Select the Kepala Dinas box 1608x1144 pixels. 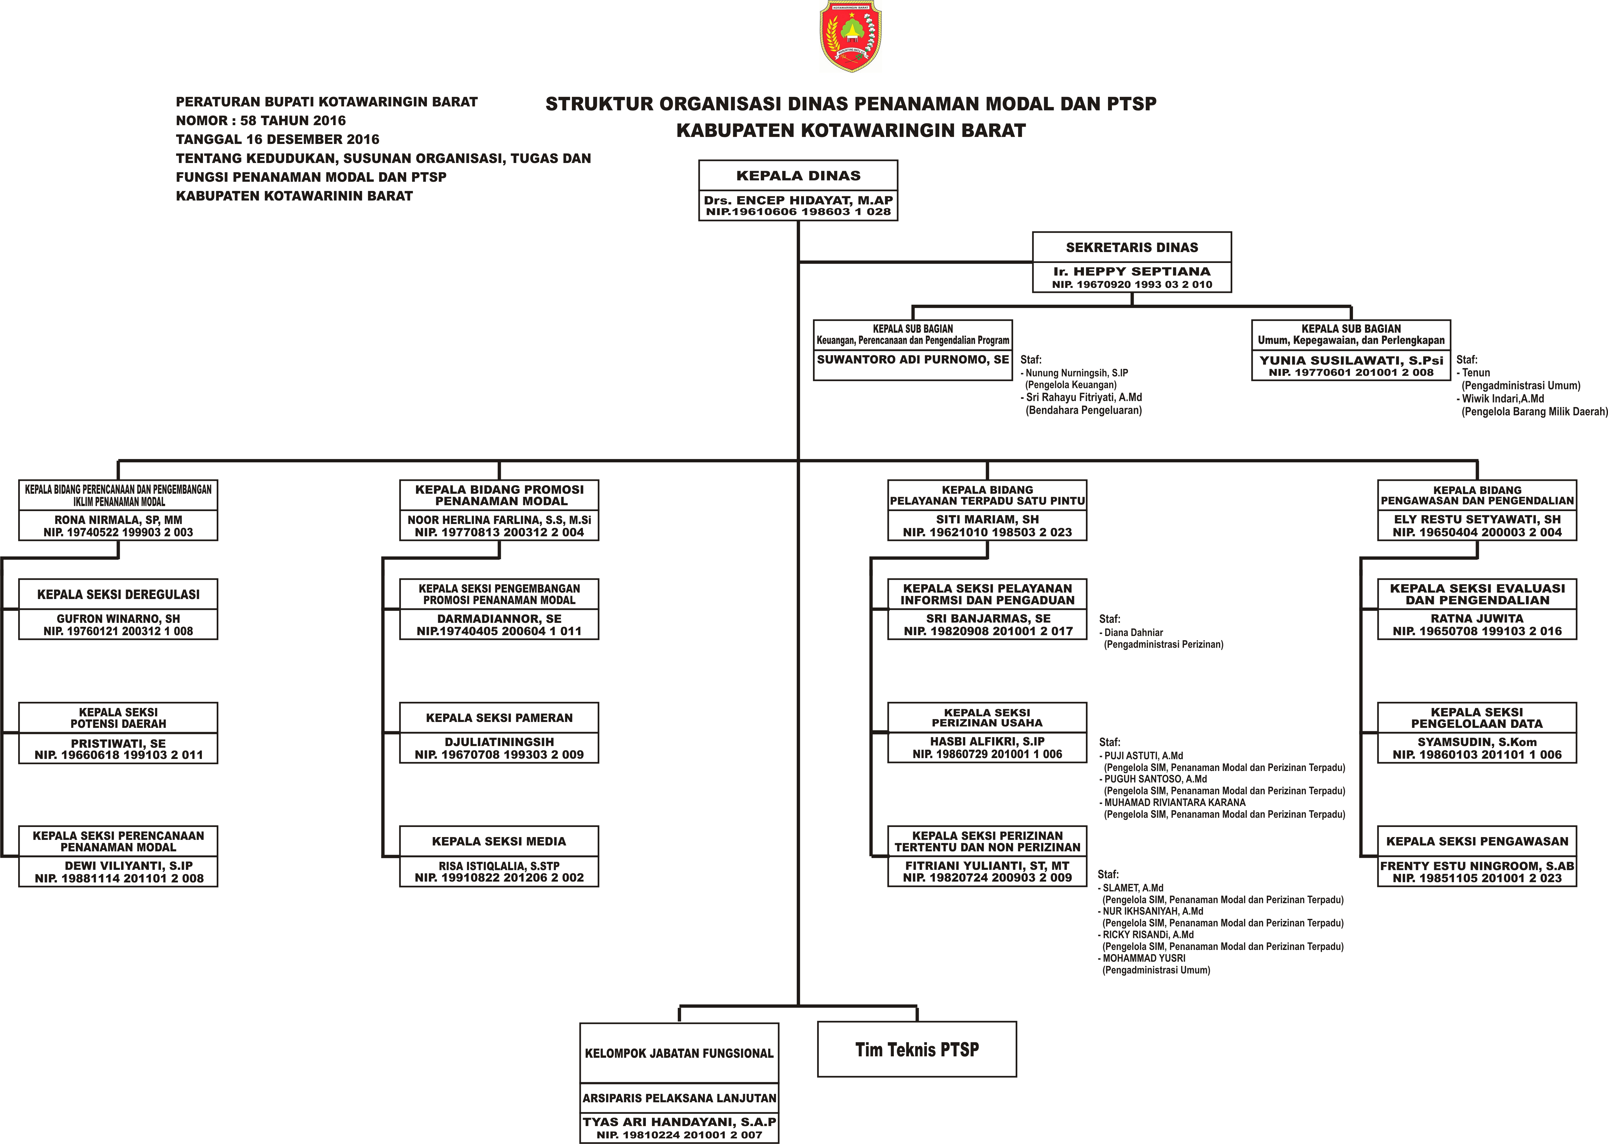(798, 190)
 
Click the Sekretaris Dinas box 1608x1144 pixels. (1131, 262)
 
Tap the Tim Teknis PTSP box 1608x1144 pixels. (917, 1049)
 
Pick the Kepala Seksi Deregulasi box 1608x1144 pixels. (118, 609)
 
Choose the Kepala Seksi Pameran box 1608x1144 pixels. (499, 733)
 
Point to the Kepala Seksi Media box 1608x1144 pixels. (499, 856)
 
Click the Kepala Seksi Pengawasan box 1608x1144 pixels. (1477, 856)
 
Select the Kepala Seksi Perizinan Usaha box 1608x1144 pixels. (987, 733)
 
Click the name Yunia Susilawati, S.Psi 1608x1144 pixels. (1351, 360)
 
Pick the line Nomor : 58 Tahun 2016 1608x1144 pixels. (261, 120)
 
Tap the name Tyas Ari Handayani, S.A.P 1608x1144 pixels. (679, 1122)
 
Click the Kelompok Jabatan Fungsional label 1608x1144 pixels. (679, 1053)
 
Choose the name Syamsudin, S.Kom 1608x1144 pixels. (1477, 742)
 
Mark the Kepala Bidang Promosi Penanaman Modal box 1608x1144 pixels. (499, 510)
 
